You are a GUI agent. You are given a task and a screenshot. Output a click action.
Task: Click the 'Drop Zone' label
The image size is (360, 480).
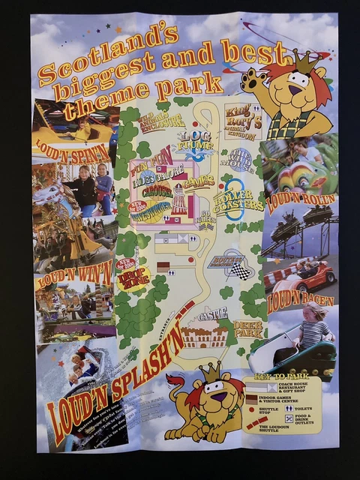[133, 278]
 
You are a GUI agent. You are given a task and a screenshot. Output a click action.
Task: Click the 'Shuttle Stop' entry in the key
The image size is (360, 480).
[267, 411]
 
